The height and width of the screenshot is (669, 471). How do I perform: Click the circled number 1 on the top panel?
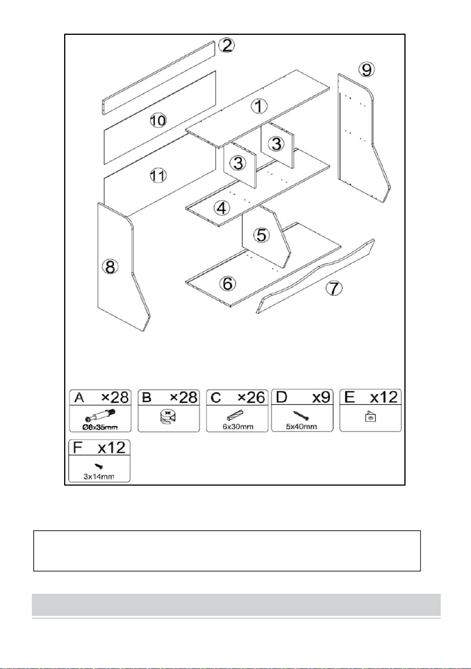[x=259, y=106]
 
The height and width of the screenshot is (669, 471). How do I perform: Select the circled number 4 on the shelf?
[x=221, y=208]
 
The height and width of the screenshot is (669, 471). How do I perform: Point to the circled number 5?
[x=261, y=235]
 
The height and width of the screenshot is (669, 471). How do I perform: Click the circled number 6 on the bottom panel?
[x=228, y=283]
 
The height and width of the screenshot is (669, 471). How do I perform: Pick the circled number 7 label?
[x=334, y=288]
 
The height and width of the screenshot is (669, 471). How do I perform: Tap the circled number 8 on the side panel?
[x=111, y=266]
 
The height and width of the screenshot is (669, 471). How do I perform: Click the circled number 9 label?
[x=367, y=70]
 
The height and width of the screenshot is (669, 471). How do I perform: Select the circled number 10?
[x=158, y=121]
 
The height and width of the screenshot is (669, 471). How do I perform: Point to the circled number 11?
[x=158, y=175]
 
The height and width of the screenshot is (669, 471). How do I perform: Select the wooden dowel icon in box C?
[x=235, y=415]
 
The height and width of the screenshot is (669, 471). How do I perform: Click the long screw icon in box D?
[x=301, y=416]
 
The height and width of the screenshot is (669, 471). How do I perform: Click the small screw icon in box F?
[x=99, y=466]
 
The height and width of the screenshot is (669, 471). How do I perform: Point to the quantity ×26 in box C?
[x=251, y=398]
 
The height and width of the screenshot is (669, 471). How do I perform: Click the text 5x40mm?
[x=301, y=426]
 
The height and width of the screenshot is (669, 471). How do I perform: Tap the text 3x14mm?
[x=99, y=476]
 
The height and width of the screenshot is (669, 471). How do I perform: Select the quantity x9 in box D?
[x=321, y=398]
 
